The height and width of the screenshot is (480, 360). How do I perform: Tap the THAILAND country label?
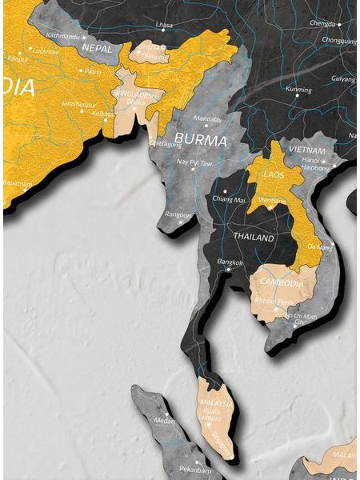(254, 238)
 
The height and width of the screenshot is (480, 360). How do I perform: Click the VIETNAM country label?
(308, 150)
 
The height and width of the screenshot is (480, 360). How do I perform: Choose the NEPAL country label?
(95, 49)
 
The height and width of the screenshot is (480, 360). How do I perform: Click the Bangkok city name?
(229, 261)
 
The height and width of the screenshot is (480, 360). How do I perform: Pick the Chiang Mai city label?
(227, 198)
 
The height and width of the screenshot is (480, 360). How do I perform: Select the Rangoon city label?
(178, 214)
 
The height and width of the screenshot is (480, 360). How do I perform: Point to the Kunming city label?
(298, 90)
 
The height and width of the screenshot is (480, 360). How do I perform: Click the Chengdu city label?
(322, 24)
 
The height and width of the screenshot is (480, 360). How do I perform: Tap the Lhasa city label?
(165, 25)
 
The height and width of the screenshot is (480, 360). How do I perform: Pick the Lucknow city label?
(46, 51)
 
